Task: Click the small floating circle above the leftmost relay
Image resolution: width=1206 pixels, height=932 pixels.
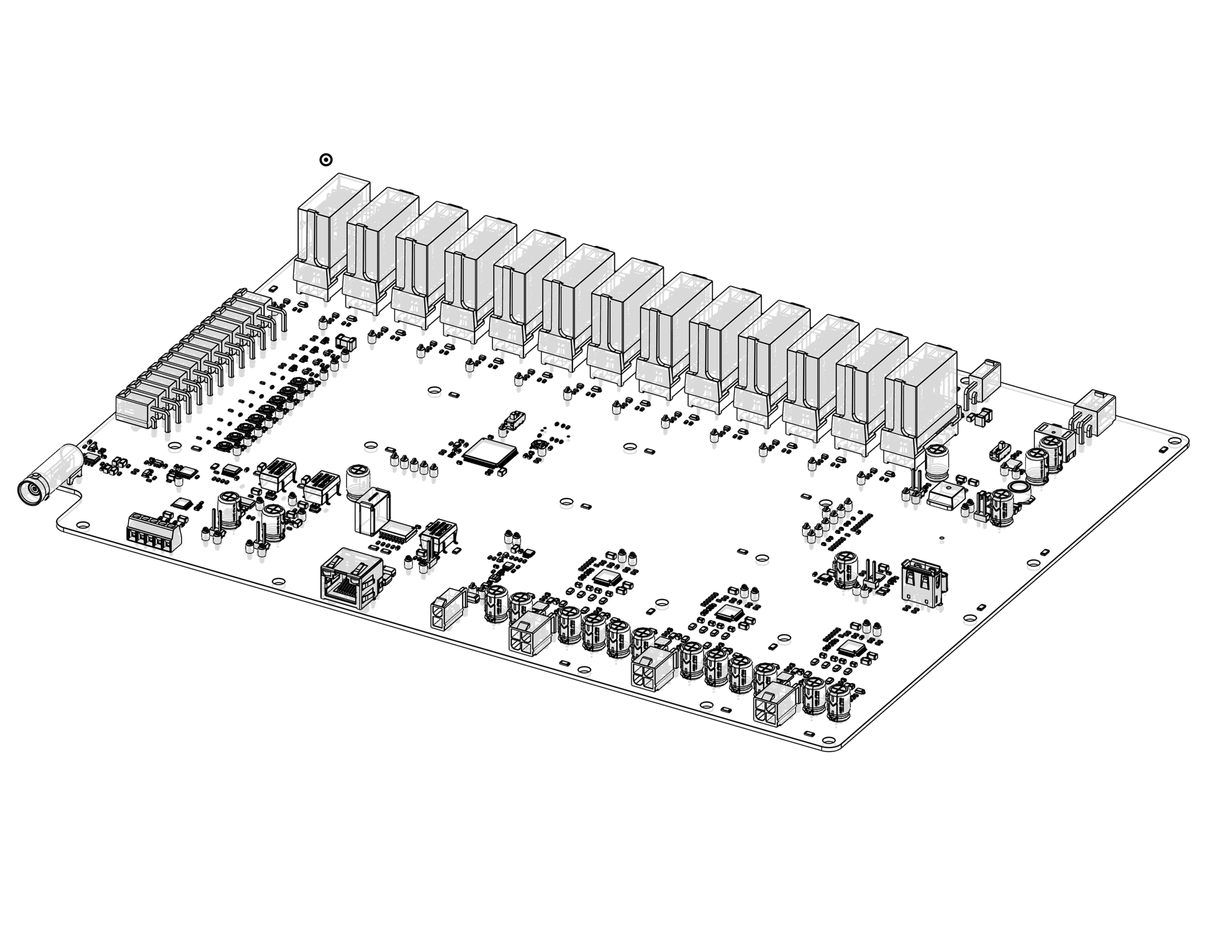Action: [x=326, y=160]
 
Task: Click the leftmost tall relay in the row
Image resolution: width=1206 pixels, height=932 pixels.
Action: [x=331, y=232]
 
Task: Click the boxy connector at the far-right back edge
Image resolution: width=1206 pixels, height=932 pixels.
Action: [x=1094, y=412]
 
